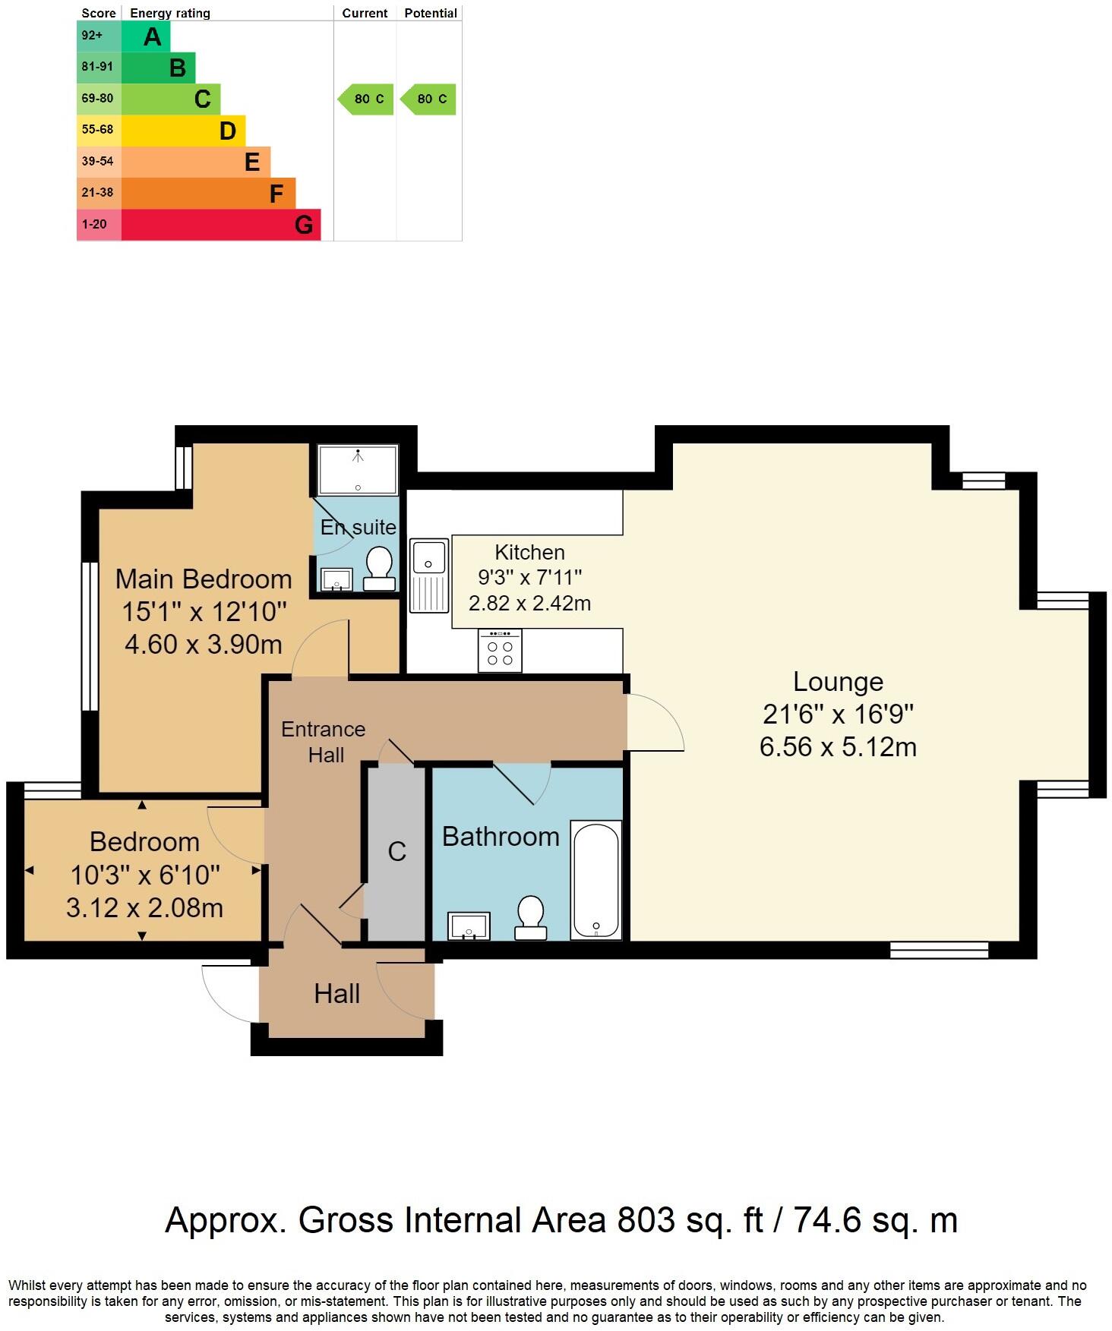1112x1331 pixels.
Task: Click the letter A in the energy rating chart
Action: (152, 36)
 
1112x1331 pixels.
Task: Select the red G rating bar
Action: (220, 225)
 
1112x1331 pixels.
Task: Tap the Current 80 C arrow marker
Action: (366, 99)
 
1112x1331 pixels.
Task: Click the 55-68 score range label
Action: (97, 130)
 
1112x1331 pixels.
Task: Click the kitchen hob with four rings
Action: (500, 651)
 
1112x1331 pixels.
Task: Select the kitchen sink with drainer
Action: (429, 576)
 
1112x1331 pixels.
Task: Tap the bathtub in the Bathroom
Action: (596, 881)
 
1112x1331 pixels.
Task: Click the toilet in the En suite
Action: (379, 569)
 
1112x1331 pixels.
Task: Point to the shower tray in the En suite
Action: (358, 470)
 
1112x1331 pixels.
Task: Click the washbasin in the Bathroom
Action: (469, 926)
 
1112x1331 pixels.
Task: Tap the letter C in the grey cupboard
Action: (396, 852)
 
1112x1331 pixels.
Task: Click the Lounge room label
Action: (838, 682)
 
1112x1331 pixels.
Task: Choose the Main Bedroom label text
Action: (204, 579)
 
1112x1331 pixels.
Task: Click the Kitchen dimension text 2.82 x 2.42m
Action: (529, 604)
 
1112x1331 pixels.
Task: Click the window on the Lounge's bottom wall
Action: (939, 949)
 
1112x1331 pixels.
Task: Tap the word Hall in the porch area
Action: (336, 994)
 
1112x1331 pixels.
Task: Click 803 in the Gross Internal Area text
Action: (646, 1220)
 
